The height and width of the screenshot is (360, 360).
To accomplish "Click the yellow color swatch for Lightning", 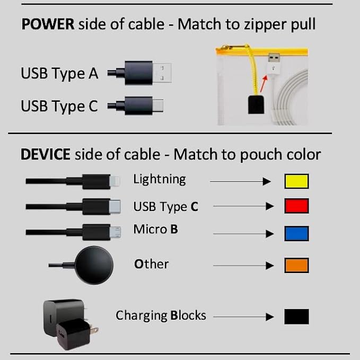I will (x=296, y=181).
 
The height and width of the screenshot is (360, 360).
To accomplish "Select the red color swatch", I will (x=296, y=206).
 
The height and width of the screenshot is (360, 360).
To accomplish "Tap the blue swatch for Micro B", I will (x=296, y=233).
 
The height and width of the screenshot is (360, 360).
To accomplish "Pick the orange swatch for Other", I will (x=296, y=265).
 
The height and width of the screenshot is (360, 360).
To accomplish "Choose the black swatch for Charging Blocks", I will (x=296, y=317).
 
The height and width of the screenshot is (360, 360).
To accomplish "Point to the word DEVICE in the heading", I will (x=45, y=154).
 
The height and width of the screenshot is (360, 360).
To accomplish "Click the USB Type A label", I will (x=59, y=73).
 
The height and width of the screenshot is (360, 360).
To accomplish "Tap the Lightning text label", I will (x=160, y=179).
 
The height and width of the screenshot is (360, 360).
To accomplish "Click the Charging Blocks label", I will (x=161, y=315).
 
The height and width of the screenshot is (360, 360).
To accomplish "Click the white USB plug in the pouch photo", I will (x=274, y=63).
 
